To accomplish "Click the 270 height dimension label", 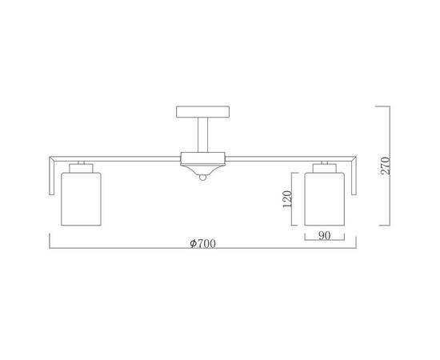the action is pos(386,166).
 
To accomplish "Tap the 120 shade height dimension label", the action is pos(287,199).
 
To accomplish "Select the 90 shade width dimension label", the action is pos(324,236).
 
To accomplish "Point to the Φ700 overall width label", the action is pos(203,243).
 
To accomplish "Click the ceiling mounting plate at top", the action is pos(203,112).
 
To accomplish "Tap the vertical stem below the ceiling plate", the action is pos(203,134).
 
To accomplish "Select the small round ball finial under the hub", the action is pos(203,178).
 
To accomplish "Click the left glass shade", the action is pos(81,199).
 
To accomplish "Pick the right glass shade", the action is pos(325,199).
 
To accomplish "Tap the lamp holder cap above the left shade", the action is pos(81,168).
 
